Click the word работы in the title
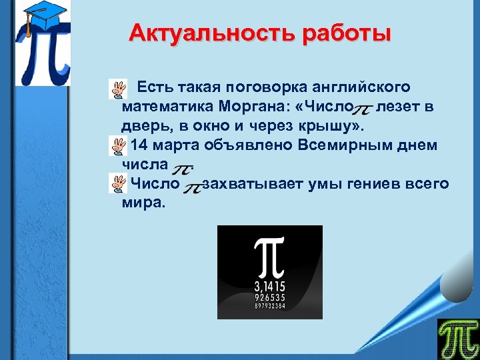pos(346,33)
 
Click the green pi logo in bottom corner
pos(457,338)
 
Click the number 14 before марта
pos(139,145)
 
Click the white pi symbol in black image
pos(269,258)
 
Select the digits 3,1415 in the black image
pos(269,287)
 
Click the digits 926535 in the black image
pos(269,297)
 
